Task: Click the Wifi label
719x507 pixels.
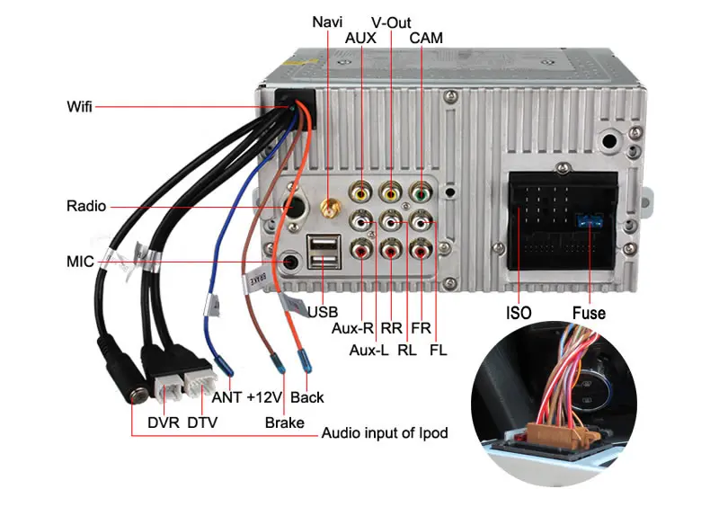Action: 79,106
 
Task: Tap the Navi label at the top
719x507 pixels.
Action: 327,22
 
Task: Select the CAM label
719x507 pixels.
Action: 426,38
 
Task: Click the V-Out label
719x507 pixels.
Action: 391,22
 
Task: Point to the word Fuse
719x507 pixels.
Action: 589,313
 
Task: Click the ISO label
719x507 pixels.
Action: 519,313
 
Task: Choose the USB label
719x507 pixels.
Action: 323,312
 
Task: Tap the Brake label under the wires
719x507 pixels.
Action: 284,422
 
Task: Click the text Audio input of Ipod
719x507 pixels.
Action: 385,432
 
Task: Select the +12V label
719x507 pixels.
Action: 264,397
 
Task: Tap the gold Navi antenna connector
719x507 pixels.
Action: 329,209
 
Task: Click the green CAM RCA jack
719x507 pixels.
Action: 421,192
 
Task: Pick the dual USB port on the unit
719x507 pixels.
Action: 324,252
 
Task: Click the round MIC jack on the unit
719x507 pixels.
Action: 291,262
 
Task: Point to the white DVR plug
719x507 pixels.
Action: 168,390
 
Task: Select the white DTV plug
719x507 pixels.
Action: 200,383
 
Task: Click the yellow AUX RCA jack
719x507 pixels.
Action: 361,192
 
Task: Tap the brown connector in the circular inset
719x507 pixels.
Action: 556,433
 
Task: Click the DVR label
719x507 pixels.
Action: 164,422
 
